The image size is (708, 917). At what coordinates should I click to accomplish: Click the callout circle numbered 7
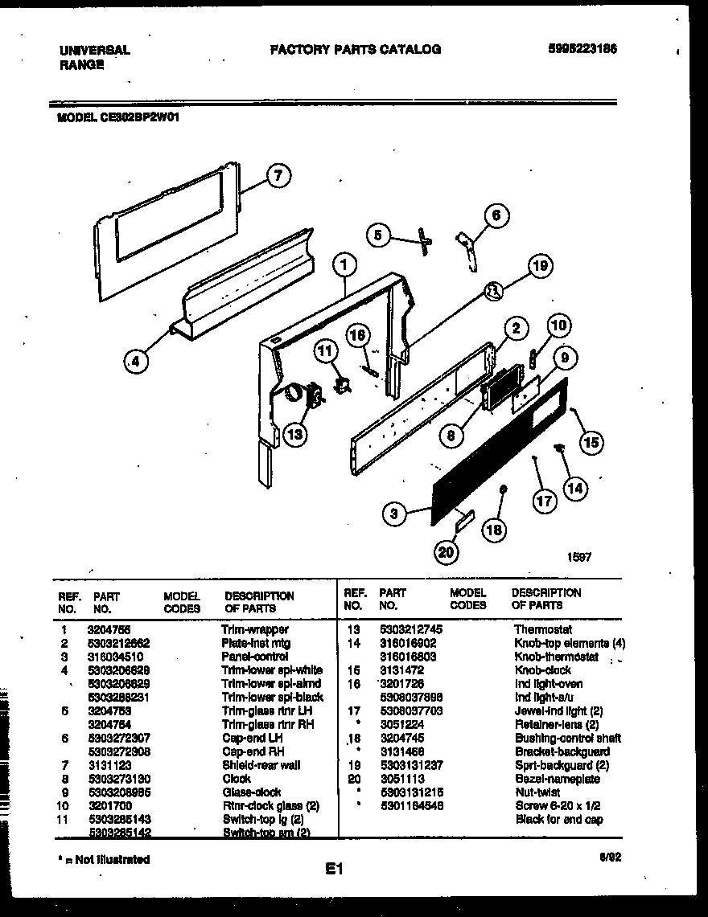[x=278, y=175]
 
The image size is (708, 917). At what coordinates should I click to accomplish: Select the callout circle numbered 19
[x=541, y=266]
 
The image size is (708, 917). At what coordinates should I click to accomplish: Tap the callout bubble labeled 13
[x=295, y=434]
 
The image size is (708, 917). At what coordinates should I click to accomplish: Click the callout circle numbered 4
[x=137, y=362]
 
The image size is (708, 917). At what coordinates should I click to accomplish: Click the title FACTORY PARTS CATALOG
[x=355, y=49]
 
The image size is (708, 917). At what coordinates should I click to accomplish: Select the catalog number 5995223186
[x=582, y=49]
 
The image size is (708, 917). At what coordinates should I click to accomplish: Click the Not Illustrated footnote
[x=104, y=859]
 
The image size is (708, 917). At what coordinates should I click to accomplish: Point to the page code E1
[x=335, y=869]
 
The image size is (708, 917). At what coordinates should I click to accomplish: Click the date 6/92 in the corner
[x=610, y=858]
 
